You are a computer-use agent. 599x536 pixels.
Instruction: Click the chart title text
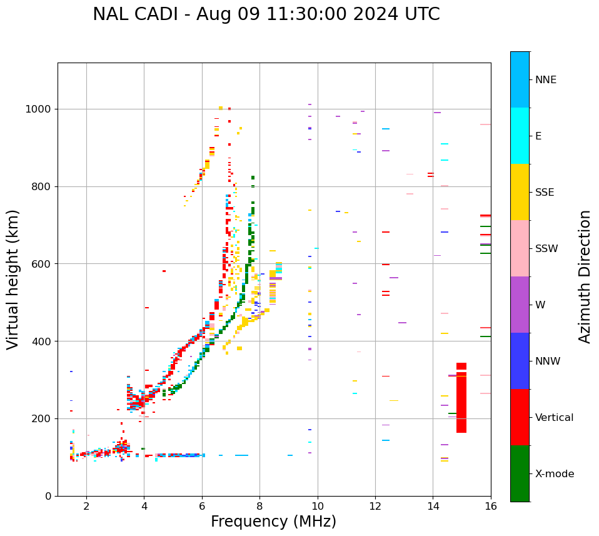[x=266, y=14]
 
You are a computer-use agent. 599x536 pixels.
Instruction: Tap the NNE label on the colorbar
[x=545, y=80]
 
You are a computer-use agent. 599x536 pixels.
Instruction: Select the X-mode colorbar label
[x=555, y=474]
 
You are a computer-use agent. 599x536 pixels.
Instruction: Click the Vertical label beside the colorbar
[x=554, y=418]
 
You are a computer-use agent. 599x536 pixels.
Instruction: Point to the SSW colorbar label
[x=546, y=249]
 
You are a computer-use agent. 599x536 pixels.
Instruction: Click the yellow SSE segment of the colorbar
[x=520, y=192]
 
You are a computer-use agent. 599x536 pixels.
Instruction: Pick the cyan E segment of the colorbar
[x=520, y=136]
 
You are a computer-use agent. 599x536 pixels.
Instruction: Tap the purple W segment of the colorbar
[x=520, y=305]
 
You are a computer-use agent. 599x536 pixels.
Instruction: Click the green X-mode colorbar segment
[x=520, y=473]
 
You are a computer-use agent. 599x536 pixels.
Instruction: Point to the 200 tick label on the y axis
[x=43, y=419]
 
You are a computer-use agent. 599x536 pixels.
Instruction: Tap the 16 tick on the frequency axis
[x=491, y=507]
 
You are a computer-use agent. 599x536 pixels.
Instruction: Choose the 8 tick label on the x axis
[x=259, y=507]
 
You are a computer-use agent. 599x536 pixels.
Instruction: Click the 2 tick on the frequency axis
[x=86, y=507]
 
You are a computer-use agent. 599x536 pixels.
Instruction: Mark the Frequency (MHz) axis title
[x=273, y=522]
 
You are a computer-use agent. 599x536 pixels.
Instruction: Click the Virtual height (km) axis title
[x=13, y=279]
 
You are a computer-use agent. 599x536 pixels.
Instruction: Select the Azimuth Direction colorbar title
[x=585, y=276]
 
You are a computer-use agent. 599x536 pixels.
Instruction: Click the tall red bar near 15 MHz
[x=461, y=398]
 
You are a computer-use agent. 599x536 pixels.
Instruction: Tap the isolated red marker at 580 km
[x=164, y=271]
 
